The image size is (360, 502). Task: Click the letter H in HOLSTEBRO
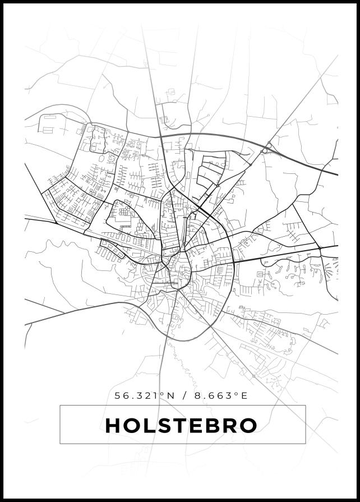[114, 425]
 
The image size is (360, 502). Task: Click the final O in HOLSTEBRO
[248, 425]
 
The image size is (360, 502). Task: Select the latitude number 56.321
[137, 395]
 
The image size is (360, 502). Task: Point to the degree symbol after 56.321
[161, 393]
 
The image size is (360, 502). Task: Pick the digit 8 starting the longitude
[197, 395]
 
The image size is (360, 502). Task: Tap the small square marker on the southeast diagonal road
[253, 376]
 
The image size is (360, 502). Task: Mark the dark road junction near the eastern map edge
[319, 247]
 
